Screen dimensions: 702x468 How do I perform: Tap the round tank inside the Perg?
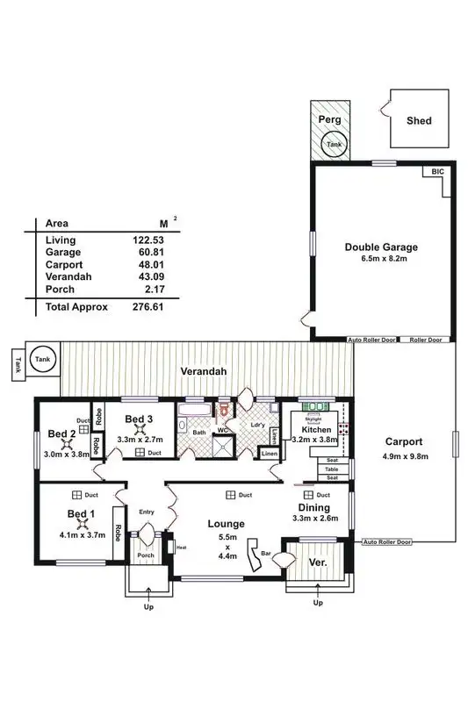334,145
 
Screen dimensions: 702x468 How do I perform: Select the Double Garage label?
380,247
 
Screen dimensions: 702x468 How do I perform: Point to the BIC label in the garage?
438,173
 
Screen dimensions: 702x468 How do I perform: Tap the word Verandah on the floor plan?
205,372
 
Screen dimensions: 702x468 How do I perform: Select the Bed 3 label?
140,419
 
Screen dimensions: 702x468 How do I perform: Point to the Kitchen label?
315,431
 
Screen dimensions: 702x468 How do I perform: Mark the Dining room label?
313,507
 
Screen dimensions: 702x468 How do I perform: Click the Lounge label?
227,524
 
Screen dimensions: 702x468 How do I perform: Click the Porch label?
144,556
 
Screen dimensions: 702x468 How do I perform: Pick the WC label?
224,430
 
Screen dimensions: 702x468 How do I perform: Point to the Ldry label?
257,426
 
